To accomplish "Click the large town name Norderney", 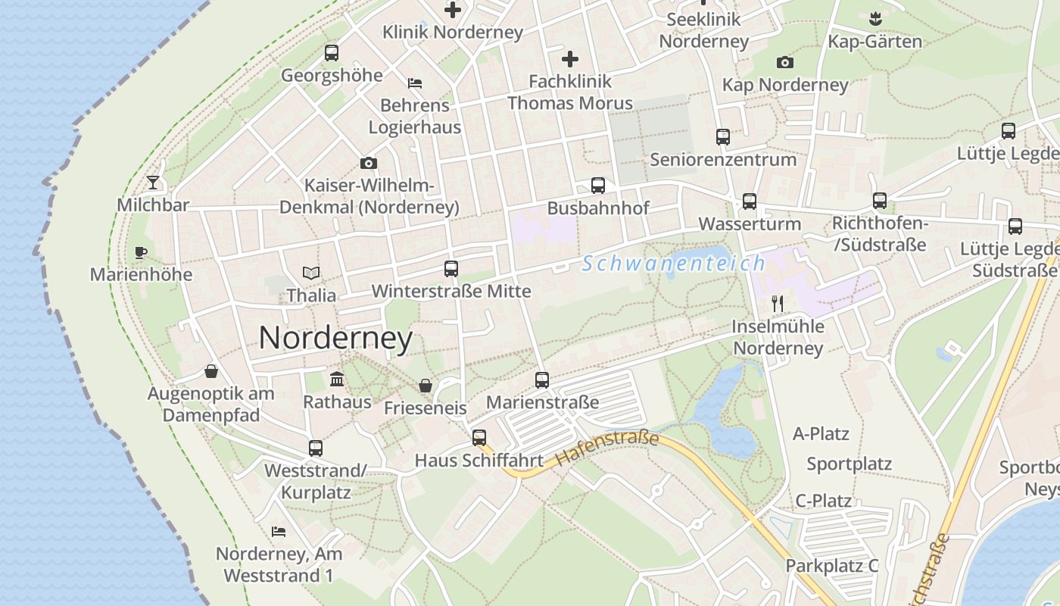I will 335,338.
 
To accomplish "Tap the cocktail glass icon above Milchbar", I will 153,182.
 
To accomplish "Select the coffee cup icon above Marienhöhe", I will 141,252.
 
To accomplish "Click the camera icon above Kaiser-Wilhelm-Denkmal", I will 369,163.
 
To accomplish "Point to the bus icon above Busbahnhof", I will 598,186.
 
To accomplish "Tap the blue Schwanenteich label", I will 674,264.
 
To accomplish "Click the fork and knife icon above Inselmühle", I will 778,304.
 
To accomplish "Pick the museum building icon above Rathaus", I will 337,379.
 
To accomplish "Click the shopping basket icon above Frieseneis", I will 426,386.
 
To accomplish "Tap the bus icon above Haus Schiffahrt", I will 479,437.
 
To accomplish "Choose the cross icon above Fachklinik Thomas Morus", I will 570,58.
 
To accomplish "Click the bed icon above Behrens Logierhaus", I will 415,83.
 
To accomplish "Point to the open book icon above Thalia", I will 311,273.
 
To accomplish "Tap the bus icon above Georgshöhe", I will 332,53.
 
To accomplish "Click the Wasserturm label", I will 750,223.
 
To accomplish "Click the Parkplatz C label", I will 831,565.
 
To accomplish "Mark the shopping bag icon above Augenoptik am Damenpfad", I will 211,371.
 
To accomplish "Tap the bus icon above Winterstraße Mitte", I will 451,268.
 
